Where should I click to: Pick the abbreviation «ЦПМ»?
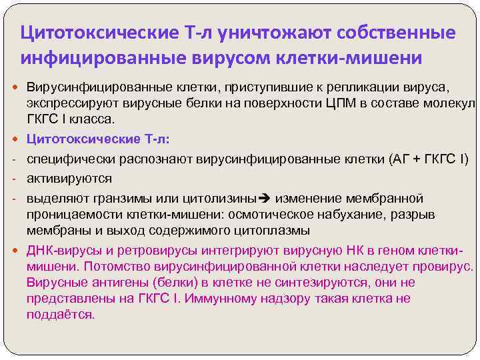[x=331, y=103]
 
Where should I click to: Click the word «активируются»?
[x=69, y=178]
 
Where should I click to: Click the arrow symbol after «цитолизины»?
[x=262, y=199]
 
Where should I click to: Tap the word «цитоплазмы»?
[x=273, y=231]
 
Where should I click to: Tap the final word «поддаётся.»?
[x=61, y=314]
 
